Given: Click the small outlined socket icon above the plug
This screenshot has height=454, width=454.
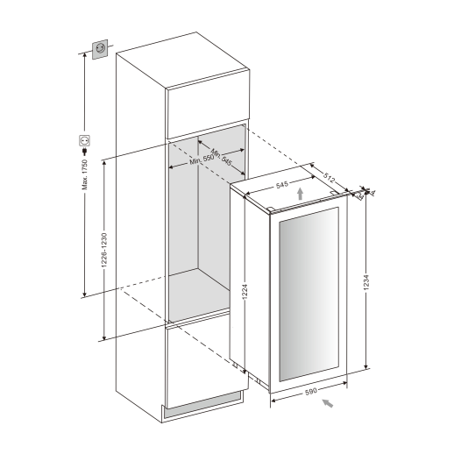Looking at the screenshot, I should [85, 138].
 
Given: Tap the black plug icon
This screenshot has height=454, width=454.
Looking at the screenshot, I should [85, 151].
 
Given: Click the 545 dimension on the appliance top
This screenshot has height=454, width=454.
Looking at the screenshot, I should [283, 185].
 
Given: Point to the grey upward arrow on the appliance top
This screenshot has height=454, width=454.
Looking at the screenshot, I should [300, 194].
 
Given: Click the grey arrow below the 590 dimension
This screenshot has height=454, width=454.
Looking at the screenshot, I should [328, 403].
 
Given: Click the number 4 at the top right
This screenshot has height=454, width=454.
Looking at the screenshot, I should [372, 191].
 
